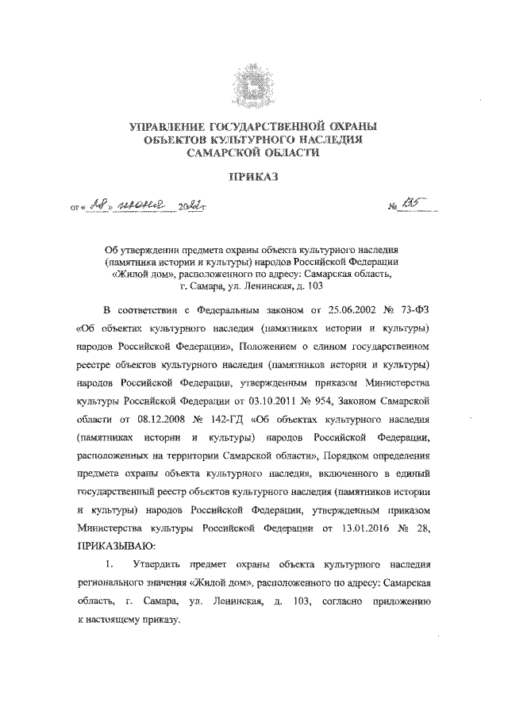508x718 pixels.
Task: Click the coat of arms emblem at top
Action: [253, 86]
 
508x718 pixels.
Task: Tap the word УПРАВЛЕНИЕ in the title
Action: [169, 126]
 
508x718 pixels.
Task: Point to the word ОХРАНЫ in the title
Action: [344, 126]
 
